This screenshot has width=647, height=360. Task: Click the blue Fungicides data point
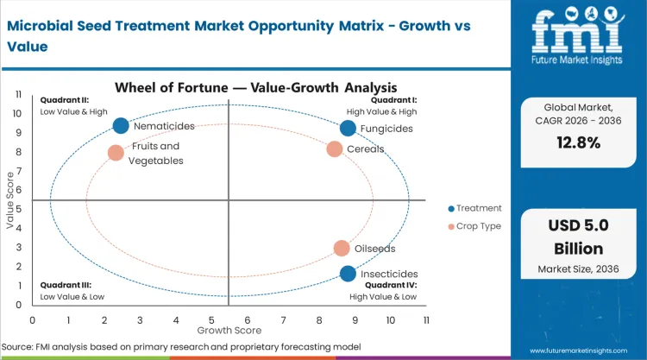[348, 129]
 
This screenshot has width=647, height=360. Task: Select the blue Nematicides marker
[122, 126]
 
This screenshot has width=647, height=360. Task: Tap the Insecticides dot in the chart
[348, 274]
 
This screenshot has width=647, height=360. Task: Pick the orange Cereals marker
[335, 148]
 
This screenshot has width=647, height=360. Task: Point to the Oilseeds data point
[342, 249]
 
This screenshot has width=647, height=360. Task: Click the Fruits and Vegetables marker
[116, 153]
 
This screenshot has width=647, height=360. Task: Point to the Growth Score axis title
[229, 330]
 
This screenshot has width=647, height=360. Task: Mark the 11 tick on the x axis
[426, 319]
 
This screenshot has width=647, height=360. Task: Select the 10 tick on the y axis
[19, 112]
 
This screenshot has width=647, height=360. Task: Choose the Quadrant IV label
[390, 284]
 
